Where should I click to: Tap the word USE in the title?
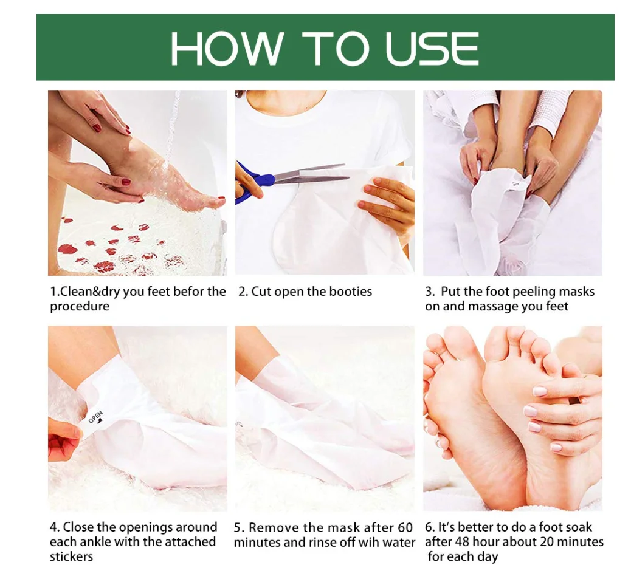432,48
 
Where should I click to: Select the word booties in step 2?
351,291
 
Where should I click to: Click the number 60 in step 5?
405,527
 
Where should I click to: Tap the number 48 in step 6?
462,542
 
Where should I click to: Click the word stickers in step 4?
71,556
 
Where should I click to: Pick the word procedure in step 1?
80,307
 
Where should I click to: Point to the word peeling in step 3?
535,292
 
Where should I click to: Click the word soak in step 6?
579,527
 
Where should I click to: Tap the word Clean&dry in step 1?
85,292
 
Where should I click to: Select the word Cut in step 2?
260,291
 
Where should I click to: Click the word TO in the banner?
336,48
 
